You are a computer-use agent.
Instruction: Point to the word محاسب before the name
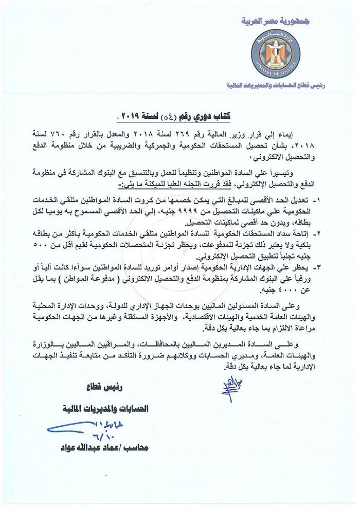(136, 448)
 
